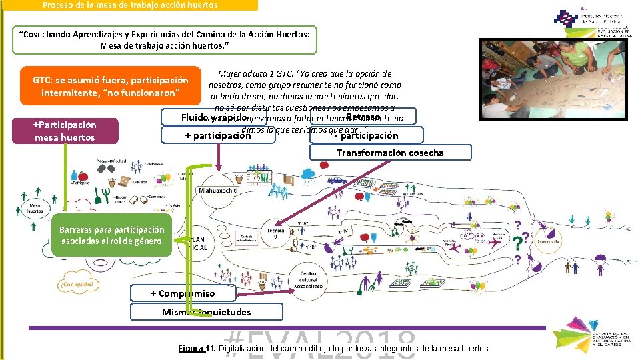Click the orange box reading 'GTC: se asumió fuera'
tap(110, 86)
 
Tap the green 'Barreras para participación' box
tap(112, 235)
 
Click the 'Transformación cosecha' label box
tap(390, 153)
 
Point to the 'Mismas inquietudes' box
tap(207, 312)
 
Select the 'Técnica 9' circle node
tap(275, 234)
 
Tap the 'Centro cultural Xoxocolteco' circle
tap(309, 279)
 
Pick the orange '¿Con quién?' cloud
tap(78, 285)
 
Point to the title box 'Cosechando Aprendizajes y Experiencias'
tap(165, 40)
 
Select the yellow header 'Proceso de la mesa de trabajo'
tap(129, 5)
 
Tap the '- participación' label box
tap(366, 135)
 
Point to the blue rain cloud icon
tap(309, 175)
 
